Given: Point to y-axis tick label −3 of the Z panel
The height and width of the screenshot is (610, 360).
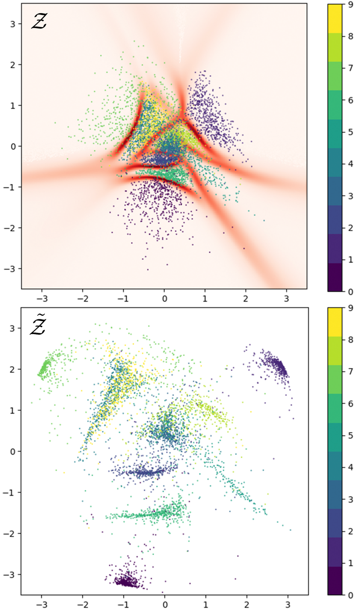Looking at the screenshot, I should (x=11, y=268).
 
